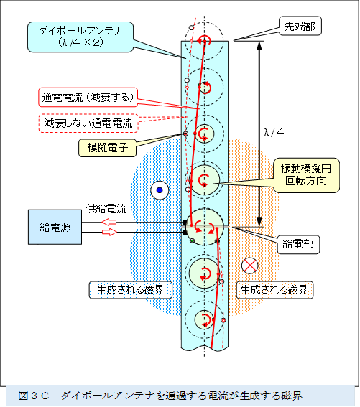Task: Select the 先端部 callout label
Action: pyautogui.click(x=297, y=27)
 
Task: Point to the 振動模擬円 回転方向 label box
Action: pyautogui.click(x=305, y=174)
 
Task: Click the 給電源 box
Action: pyautogui.click(x=54, y=227)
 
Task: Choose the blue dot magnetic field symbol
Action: pyautogui.click(x=157, y=190)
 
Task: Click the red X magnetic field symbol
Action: pyautogui.click(x=249, y=266)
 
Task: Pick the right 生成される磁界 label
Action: pyautogui.click(x=274, y=291)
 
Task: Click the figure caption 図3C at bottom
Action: pyautogui.click(x=180, y=396)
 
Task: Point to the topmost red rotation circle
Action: pyautogui.click(x=206, y=41)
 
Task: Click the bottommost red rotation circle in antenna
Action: pyautogui.click(x=206, y=319)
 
